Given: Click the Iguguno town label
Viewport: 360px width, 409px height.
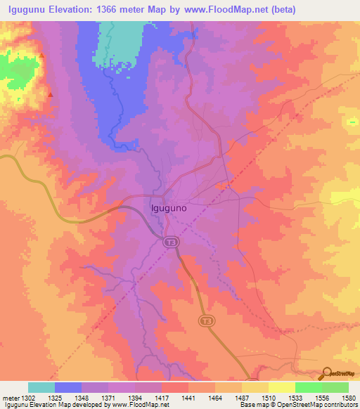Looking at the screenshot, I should (169, 208).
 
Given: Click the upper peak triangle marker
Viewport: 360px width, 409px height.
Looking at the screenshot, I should (41, 56).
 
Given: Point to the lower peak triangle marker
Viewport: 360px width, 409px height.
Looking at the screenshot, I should (50, 93).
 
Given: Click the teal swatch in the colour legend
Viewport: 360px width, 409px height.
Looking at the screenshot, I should (41, 387).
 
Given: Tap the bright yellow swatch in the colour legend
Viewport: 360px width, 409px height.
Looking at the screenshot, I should (281, 387).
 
